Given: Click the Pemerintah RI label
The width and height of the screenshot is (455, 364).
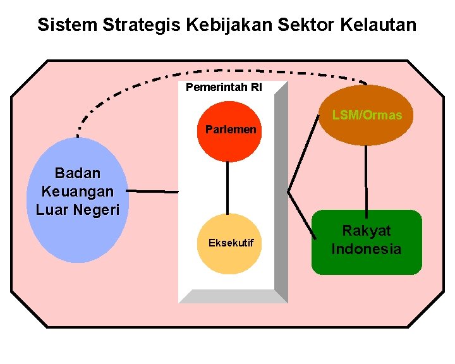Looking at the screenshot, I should pos(224,87).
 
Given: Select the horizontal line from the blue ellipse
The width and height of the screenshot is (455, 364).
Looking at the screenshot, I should pos(152,191).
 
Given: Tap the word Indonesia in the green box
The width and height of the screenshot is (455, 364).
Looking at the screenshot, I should pos(367,249).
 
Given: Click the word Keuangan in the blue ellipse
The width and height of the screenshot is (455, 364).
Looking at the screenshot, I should pos(78,191).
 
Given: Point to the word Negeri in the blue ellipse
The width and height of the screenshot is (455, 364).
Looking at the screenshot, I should pos(96,210).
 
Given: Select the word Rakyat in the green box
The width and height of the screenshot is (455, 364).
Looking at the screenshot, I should pos(367,231).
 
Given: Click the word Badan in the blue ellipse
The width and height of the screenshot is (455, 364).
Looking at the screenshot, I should pos(78,173).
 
